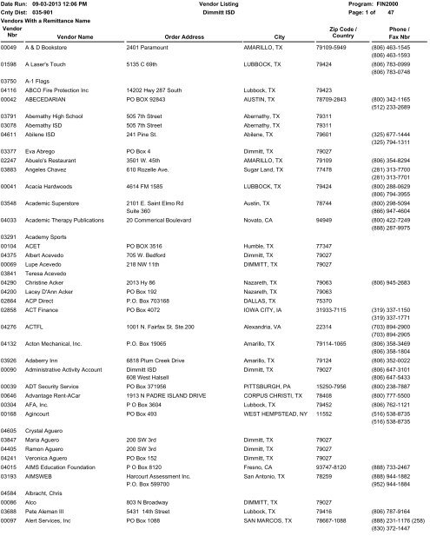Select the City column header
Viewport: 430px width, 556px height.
pyautogui.click(x=278, y=36)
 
